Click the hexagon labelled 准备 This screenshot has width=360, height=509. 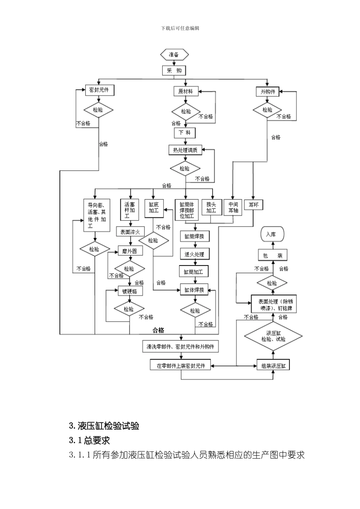click(174, 55)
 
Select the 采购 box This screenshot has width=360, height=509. click(174, 71)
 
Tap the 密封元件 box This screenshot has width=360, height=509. click(99, 90)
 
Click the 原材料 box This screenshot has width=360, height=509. click(185, 91)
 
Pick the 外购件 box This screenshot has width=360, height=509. click(268, 92)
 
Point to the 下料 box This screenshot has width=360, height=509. click(185, 133)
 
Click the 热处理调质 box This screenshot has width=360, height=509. click(185, 150)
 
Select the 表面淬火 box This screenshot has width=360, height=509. click(130, 232)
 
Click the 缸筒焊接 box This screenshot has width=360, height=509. click(194, 236)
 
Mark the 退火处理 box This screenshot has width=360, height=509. click(194, 254)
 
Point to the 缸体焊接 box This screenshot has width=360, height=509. click(194, 290)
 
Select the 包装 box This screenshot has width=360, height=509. click(272, 256)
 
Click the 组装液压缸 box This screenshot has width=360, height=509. click(273, 366)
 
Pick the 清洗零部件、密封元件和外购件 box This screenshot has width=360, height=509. click(180, 347)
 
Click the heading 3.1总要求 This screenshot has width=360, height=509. click(89, 440)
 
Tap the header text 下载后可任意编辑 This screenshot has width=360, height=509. click(180, 28)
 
